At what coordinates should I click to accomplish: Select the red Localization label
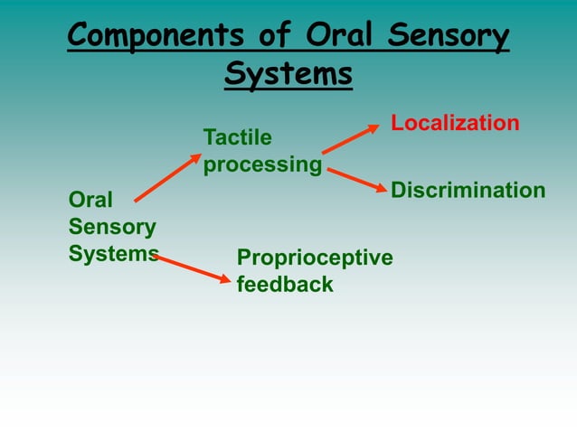pos(455,123)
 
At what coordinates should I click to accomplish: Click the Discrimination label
pos(468,190)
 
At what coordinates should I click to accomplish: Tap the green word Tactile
pos(237,137)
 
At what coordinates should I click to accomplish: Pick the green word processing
pos(262,166)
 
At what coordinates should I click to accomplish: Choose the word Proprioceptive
pos(315,258)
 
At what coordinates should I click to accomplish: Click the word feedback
pos(285,285)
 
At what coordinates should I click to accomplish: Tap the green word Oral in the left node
pos(90,199)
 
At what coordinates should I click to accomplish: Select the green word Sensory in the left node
pos(112,226)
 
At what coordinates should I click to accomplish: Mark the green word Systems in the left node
pos(113,253)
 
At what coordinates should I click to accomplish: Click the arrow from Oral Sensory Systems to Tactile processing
pos(167,178)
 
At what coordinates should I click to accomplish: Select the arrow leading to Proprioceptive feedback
pos(193,268)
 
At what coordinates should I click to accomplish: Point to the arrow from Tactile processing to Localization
pos(351,139)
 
